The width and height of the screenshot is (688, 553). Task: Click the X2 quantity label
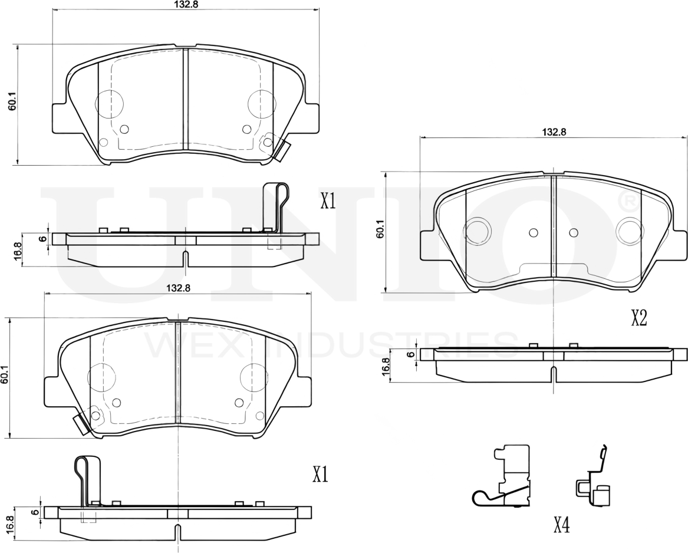tap(639, 319)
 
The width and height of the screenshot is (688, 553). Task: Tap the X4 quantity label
tap(561, 525)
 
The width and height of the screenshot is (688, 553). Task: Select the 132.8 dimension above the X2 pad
tap(554, 132)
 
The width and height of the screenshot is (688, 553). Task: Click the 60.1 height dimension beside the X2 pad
tap(380, 229)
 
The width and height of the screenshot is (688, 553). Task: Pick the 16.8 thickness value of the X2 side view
tap(386, 366)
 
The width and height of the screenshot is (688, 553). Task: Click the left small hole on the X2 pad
tap(534, 232)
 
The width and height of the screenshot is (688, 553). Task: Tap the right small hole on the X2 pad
tap(573, 232)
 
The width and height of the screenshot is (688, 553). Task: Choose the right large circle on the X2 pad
tap(628, 231)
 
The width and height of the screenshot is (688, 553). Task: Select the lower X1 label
tap(320, 475)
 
